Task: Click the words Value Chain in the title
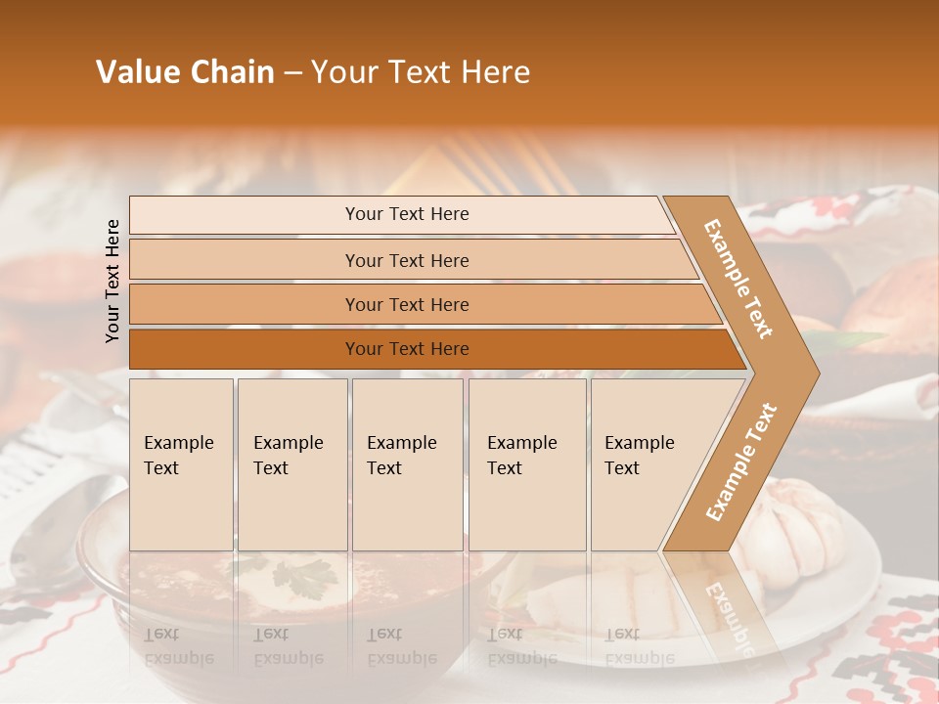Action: (185, 72)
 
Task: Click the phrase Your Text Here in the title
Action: (421, 72)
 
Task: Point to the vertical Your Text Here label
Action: (112, 281)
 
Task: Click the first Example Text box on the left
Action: (181, 464)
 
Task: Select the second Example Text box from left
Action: (291, 464)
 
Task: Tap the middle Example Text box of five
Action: (407, 464)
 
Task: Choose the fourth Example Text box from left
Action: (527, 464)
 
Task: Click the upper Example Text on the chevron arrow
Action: (738, 279)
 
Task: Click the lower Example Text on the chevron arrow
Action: (741, 462)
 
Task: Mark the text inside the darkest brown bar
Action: (407, 349)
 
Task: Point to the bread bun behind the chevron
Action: (885, 303)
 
